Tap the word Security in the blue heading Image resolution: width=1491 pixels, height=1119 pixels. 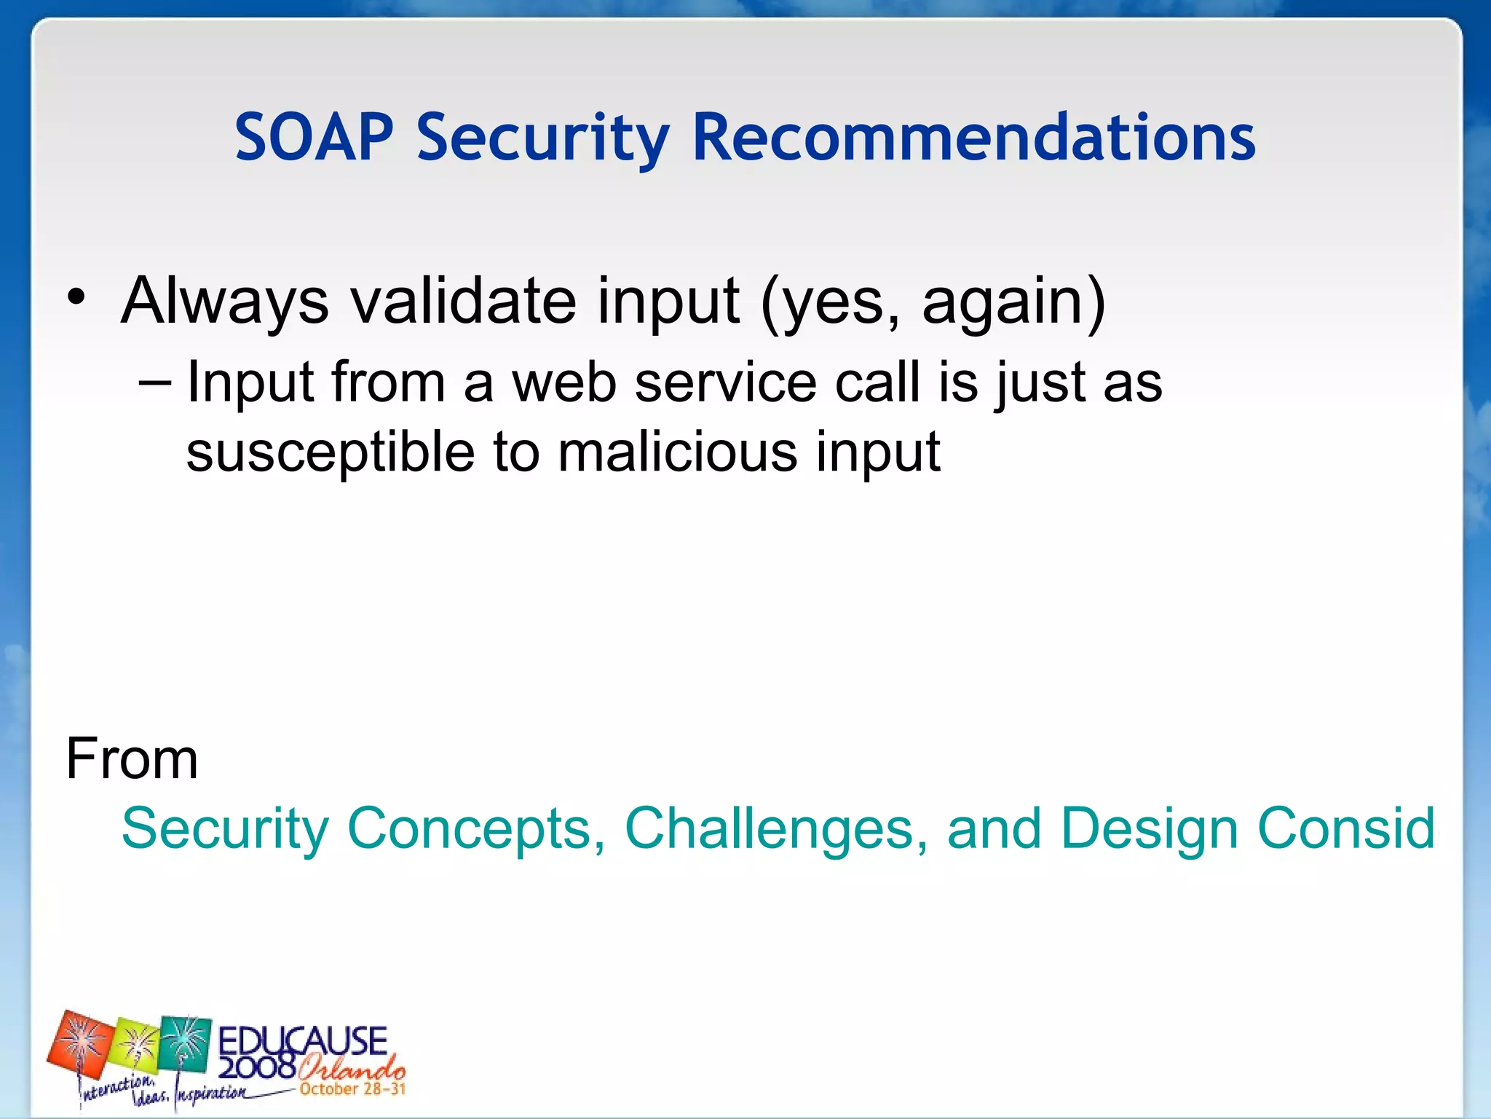click(542, 138)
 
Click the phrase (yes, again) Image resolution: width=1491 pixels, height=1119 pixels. click(933, 302)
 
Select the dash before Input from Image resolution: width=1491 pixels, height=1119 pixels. click(154, 381)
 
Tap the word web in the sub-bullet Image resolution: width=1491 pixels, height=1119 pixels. click(564, 382)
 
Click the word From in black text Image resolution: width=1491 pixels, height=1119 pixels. click(132, 758)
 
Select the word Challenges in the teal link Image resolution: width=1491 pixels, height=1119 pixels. click(776, 828)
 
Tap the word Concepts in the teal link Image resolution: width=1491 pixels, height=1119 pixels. click(470, 828)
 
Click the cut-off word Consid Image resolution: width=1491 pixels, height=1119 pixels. click(1346, 828)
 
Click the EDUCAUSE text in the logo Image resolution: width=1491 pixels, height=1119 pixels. click(302, 1041)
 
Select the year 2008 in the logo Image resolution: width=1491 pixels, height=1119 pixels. click(256, 1068)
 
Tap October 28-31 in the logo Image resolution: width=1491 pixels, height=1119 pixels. click(352, 1089)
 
